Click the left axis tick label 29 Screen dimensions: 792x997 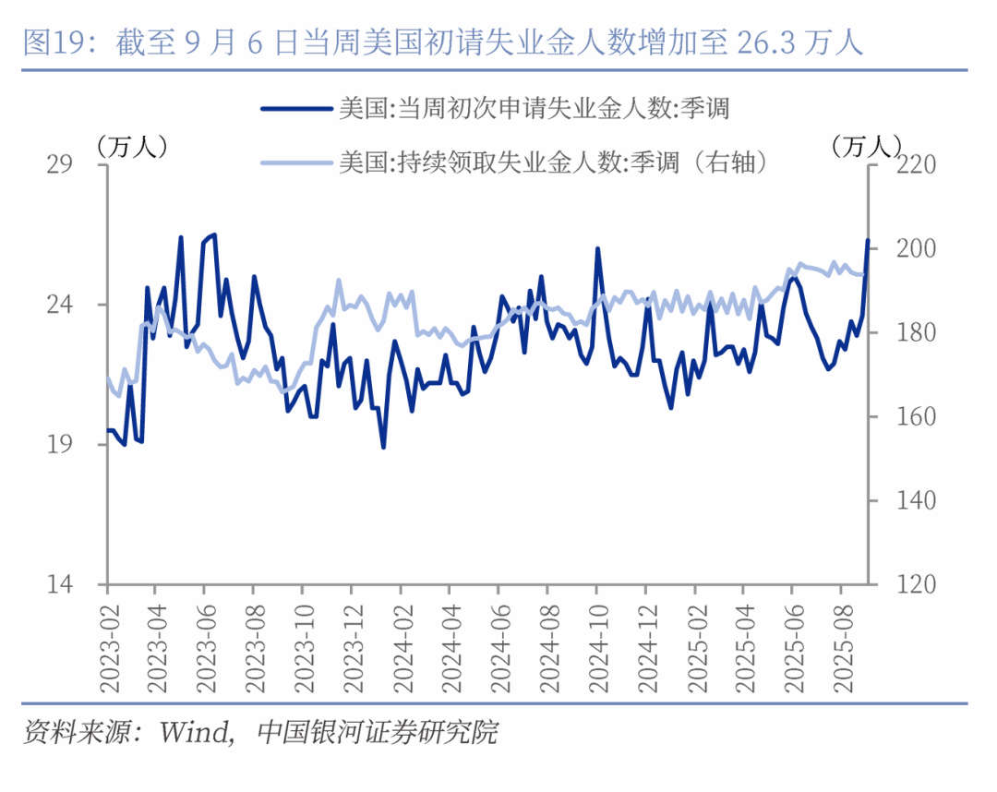coord(60,164)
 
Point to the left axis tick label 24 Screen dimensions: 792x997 coord(60,305)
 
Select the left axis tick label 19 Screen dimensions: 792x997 coord(60,445)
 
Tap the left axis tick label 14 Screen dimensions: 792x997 coord(60,585)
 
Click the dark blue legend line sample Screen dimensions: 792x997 coord(295,109)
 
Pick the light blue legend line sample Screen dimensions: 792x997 coord(295,162)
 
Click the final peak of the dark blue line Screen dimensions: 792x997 coord(868,240)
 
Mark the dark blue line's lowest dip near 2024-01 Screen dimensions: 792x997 coord(383,448)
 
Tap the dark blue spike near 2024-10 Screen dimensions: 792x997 coord(597,248)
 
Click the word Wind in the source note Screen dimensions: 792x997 coord(193,734)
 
